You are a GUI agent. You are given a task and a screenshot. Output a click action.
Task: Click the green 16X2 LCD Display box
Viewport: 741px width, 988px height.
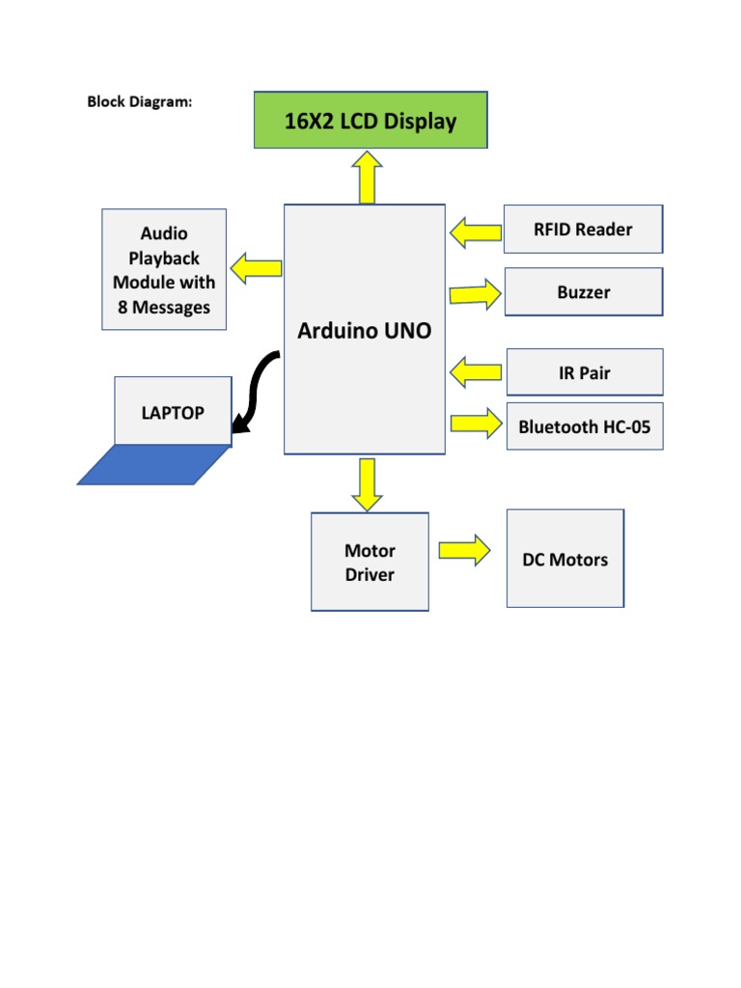370,121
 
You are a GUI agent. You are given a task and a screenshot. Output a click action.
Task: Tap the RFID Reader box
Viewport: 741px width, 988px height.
584,230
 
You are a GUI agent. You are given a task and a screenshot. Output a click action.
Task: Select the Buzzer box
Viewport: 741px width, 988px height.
584,292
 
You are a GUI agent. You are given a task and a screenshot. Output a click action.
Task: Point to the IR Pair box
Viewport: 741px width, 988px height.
585,372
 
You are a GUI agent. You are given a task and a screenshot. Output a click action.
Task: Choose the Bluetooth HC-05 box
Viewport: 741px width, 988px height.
585,426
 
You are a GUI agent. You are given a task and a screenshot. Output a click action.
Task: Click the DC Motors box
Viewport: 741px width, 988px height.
565,560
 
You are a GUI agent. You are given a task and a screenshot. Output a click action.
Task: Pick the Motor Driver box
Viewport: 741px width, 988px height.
370,563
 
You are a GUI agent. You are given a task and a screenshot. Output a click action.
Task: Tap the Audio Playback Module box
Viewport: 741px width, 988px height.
164,270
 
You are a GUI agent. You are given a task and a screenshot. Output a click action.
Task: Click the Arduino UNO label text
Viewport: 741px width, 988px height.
365,331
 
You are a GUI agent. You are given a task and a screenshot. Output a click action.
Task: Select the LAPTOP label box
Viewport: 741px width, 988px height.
173,412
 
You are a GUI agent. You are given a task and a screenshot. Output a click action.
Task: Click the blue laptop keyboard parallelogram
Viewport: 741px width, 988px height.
154,464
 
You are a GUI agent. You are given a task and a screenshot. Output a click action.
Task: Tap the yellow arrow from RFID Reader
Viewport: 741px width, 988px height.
476,232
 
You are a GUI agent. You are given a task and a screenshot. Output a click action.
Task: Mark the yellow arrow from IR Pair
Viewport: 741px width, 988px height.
476,371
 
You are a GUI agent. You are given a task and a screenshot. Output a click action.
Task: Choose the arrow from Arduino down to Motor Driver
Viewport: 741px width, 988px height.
367,483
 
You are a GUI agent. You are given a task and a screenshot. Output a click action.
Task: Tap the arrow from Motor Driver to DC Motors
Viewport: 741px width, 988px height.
464,550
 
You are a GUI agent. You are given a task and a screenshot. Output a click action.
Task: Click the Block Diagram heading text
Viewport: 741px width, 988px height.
140,101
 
